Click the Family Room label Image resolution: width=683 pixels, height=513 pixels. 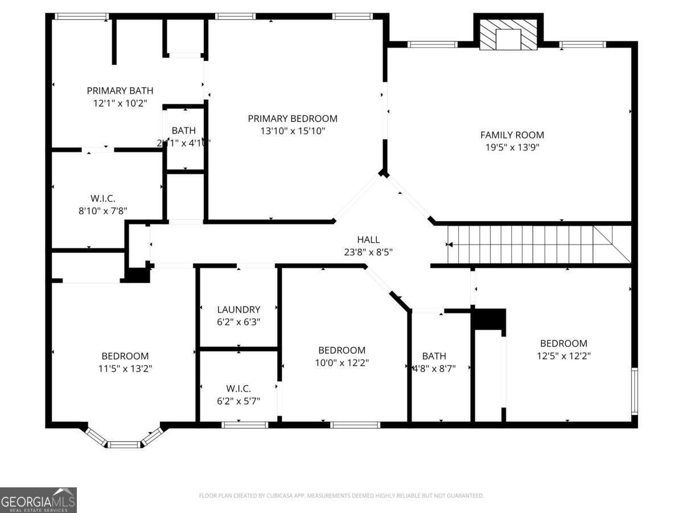click(x=512, y=135)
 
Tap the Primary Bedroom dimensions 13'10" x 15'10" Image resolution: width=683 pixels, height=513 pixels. click(x=292, y=131)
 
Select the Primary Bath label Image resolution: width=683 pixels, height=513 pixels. click(x=120, y=91)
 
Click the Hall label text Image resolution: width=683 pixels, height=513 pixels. click(x=368, y=240)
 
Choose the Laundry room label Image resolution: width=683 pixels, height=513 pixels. click(x=238, y=310)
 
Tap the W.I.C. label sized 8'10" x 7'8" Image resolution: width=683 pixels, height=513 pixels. click(x=102, y=198)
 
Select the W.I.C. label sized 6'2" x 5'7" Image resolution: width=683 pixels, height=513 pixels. click(x=238, y=388)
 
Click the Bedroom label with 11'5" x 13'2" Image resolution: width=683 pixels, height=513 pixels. click(x=125, y=356)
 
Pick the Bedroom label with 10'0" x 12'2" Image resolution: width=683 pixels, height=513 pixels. click(x=341, y=350)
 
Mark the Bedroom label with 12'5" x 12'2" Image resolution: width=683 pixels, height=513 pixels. click(x=563, y=343)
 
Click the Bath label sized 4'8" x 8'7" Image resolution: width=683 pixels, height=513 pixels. click(x=434, y=356)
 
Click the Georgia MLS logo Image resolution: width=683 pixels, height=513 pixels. click(x=38, y=500)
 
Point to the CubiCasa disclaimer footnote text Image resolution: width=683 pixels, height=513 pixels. click(x=341, y=496)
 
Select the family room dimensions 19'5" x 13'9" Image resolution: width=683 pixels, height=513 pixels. click(x=512, y=147)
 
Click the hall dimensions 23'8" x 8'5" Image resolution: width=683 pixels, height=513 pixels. click(x=368, y=251)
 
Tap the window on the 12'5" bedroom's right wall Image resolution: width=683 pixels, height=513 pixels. click(x=634, y=390)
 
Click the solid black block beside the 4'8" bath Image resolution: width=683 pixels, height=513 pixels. click(x=489, y=319)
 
